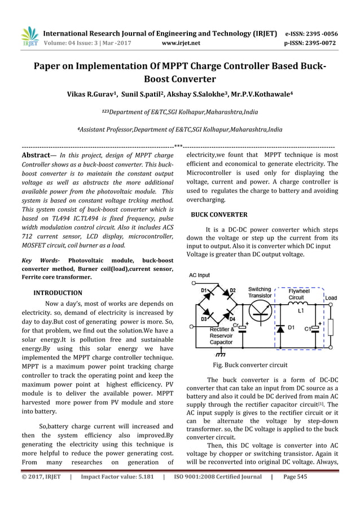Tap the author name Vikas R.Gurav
[91, 94]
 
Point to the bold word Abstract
[37, 155]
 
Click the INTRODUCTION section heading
[58, 293]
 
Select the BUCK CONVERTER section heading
[219, 215]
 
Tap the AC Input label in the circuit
[199, 275]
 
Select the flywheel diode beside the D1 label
[278, 328]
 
